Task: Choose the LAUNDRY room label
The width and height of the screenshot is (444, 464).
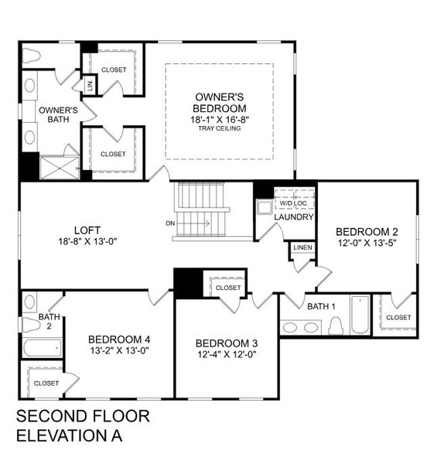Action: pyautogui.click(x=295, y=217)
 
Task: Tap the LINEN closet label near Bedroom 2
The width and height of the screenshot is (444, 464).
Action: pyautogui.click(x=302, y=247)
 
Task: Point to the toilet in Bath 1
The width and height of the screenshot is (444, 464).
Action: pyautogui.click(x=336, y=326)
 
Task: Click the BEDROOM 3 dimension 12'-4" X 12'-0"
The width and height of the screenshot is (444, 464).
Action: pyautogui.click(x=225, y=355)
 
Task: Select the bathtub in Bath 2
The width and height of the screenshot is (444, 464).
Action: pyautogui.click(x=41, y=347)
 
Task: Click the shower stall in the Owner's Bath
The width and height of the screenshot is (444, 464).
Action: pyautogui.click(x=59, y=168)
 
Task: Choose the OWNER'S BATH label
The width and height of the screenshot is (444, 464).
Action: pyautogui.click(x=59, y=114)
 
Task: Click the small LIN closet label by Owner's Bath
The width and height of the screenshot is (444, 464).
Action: pyautogui.click(x=90, y=86)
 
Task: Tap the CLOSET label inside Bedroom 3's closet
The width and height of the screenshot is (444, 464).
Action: pyautogui.click(x=228, y=288)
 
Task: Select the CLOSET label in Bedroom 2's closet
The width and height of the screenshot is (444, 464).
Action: pyautogui.click(x=398, y=317)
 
